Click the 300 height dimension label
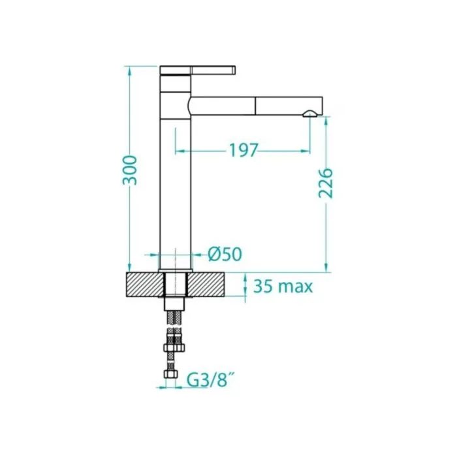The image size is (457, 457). (129, 170)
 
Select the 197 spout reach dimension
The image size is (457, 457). (244, 150)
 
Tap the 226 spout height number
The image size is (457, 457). (325, 183)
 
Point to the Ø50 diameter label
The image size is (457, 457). (225, 254)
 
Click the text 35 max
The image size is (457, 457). (283, 286)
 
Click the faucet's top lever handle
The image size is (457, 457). (198, 71)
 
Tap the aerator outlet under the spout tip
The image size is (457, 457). (310, 114)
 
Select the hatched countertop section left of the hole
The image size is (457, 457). (145, 285)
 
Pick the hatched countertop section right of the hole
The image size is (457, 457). (205, 285)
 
